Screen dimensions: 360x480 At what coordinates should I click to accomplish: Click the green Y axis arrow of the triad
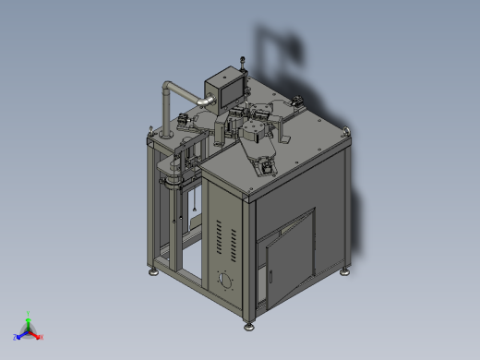pos(29,317)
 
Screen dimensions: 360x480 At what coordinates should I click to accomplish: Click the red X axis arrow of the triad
pos(38,336)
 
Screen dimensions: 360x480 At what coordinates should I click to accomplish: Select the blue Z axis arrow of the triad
pos(18,337)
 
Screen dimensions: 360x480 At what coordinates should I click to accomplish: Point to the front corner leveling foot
pos(248,324)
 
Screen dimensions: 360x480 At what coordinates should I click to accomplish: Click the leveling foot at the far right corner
pos(345,270)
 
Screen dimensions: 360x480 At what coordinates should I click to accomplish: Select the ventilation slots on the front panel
pos(221,237)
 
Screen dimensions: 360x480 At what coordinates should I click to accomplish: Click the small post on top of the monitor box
pos(243,65)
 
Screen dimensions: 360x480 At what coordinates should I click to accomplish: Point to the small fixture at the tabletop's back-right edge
pos(296,102)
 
